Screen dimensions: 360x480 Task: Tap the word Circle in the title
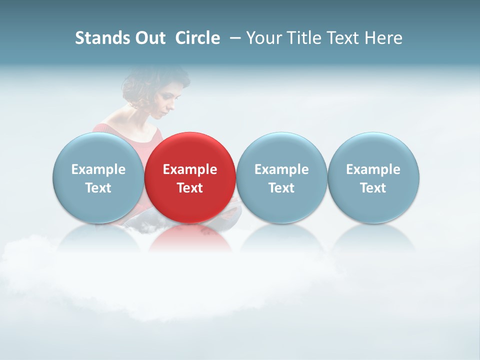pyautogui.click(x=197, y=38)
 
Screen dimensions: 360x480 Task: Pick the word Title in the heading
pyautogui.click(x=305, y=38)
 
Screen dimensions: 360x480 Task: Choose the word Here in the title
pyautogui.click(x=384, y=38)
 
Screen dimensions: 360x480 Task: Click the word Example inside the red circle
pyautogui.click(x=190, y=169)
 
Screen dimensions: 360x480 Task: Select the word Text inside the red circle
pyautogui.click(x=190, y=188)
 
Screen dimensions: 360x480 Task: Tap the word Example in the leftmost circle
pyautogui.click(x=98, y=169)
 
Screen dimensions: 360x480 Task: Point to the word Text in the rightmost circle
pyautogui.click(x=373, y=188)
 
